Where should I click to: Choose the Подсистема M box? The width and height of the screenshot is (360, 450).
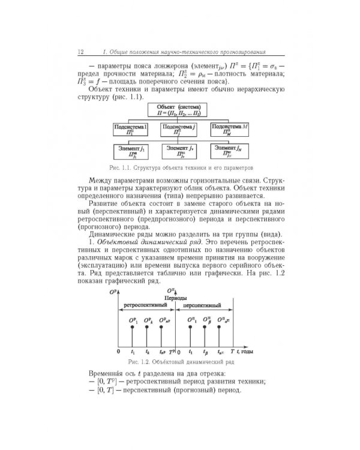(227, 130)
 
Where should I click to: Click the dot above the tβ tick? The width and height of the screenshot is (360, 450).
(206, 328)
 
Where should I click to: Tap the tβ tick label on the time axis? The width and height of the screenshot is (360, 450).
(206, 352)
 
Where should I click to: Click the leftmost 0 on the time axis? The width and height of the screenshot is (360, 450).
(119, 352)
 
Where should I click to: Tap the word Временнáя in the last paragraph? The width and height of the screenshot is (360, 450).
(106, 374)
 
